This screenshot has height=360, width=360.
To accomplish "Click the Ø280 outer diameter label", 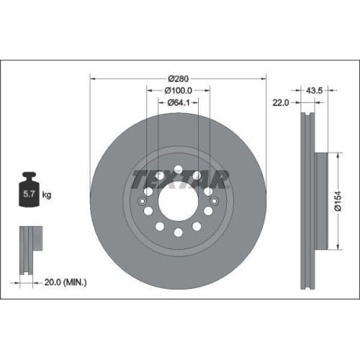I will click(x=178, y=78).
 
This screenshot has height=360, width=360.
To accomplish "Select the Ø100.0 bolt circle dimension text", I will click(x=178, y=90).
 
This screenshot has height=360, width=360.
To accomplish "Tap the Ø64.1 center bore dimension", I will click(x=178, y=103).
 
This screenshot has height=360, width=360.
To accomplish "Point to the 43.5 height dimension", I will click(x=314, y=91).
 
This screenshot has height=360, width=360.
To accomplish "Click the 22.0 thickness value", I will click(x=281, y=103).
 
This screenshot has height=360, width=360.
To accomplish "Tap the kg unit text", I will click(x=47, y=194).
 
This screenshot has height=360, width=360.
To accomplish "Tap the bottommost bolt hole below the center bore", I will click(x=178, y=232).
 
